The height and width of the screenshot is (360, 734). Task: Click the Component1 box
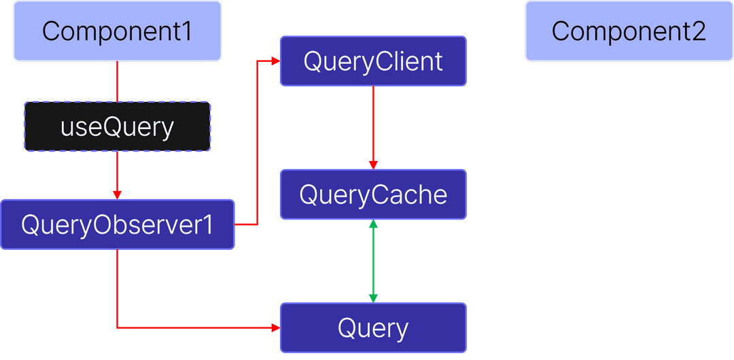(x=117, y=31)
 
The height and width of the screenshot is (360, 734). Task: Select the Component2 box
(x=629, y=31)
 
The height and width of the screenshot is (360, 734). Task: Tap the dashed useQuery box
(x=117, y=127)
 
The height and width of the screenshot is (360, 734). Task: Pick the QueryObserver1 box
(x=117, y=225)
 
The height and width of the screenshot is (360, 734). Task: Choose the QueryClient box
(x=373, y=61)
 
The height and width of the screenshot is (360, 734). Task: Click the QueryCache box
(x=373, y=194)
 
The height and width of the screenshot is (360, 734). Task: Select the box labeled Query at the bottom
(x=373, y=328)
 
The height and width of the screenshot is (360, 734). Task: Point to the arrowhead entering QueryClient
(x=275, y=61)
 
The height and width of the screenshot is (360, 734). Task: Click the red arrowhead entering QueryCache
(x=373, y=164)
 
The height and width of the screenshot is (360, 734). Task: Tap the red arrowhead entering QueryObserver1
(x=117, y=195)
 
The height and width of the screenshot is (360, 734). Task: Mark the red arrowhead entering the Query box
(x=275, y=328)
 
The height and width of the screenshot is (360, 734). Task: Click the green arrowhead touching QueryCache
(x=373, y=224)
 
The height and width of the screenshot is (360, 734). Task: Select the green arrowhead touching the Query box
(x=373, y=298)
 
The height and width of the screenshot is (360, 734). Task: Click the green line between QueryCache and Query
(x=373, y=262)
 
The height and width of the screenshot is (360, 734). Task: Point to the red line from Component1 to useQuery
(x=117, y=82)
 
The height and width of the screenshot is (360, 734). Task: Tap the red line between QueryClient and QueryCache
(x=373, y=122)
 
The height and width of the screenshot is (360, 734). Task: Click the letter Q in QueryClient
(x=313, y=62)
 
